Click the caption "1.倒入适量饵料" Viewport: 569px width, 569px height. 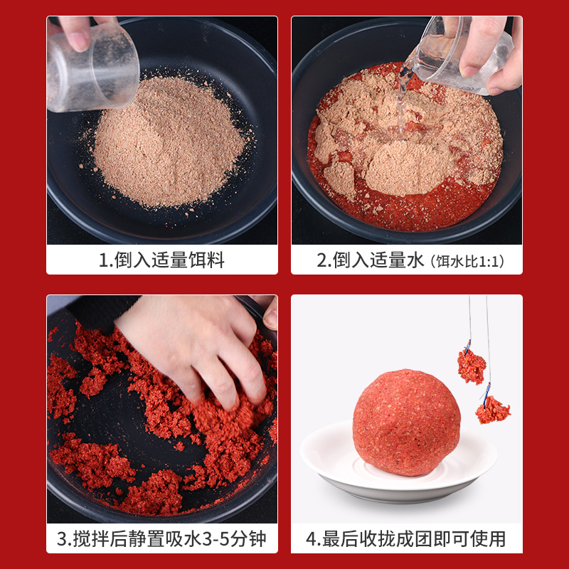click(161, 260)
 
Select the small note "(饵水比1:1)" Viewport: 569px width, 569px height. click(466, 262)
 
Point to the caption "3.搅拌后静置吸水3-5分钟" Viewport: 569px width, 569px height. click(161, 538)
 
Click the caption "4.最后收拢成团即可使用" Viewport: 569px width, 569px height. click(406, 538)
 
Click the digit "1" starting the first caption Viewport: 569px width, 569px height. click(103, 260)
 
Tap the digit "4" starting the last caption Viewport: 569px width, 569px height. click(311, 538)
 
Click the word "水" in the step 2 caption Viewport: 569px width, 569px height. click(415, 260)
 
